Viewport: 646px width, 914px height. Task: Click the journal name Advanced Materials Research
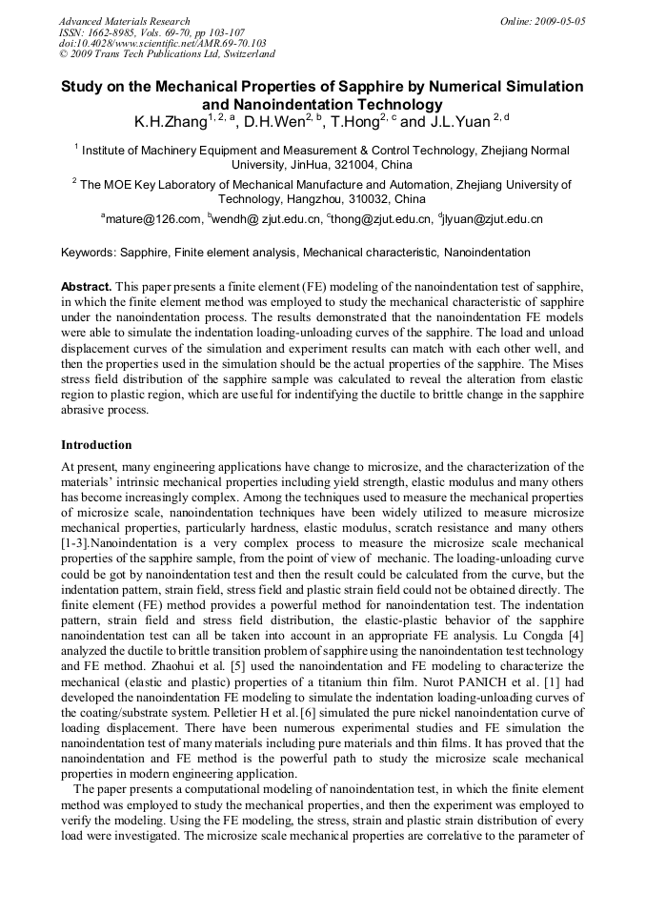(124, 21)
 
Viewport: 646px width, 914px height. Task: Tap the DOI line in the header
(162, 44)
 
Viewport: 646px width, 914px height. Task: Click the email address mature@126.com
(153, 219)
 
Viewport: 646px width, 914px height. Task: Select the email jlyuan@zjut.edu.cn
(493, 219)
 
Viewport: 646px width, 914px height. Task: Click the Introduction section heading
(96, 445)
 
